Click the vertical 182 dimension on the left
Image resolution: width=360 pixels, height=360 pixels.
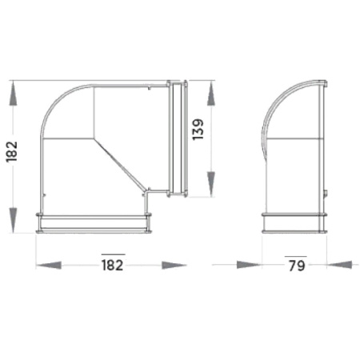12,151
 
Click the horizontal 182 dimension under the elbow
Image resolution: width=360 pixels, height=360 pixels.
113,266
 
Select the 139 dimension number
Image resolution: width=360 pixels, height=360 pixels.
198,129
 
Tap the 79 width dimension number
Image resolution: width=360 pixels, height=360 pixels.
297,266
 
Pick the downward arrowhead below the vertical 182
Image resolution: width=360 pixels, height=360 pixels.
13,220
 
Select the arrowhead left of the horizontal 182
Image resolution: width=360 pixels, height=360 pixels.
49,265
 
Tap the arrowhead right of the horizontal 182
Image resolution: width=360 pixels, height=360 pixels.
174,265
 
